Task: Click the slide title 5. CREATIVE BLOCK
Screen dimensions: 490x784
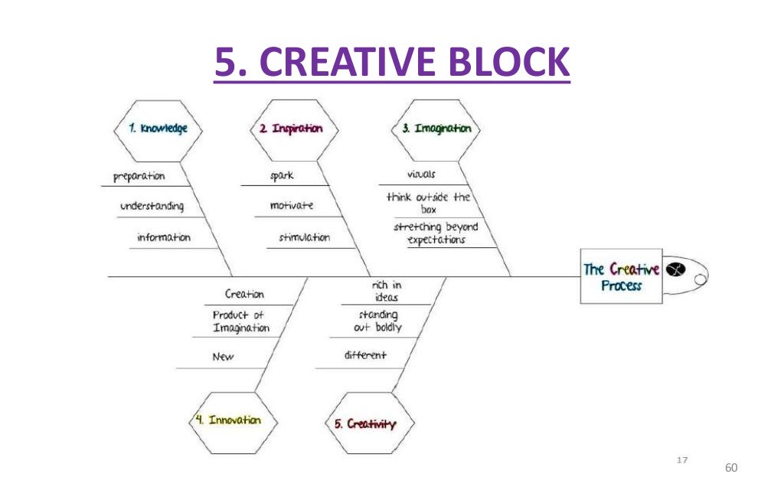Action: pyautogui.click(x=392, y=63)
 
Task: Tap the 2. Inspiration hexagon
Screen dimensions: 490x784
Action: pyautogui.click(x=286, y=129)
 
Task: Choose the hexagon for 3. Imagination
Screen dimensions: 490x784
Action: pyautogui.click(x=436, y=129)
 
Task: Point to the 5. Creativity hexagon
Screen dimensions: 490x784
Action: pyautogui.click(x=365, y=423)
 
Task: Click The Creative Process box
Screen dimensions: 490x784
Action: pyautogui.click(x=621, y=277)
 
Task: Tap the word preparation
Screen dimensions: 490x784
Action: pyautogui.click(x=139, y=176)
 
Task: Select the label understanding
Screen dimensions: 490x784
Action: pyautogui.click(x=152, y=207)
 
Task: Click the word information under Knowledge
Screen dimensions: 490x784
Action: pyautogui.click(x=164, y=237)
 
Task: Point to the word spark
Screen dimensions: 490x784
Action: pyautogui.click(x=282, y=176)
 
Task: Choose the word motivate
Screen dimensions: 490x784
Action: pyautogui.click(x=292, y=206)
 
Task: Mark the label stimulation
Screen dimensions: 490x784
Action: pyautogui.click(x=304, y=237)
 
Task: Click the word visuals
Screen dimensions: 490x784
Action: pyautogui.click(x=421, y=175)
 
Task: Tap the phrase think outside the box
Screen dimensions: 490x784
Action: pyautogui.click(x=428, y=203)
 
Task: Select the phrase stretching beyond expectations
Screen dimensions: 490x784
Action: pyautogui.click(x=436, y=233)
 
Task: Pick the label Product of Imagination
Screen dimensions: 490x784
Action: pyautogui.click(x=240, y=322)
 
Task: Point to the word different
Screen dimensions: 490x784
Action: pyautogui.click(x=365, y=355)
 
